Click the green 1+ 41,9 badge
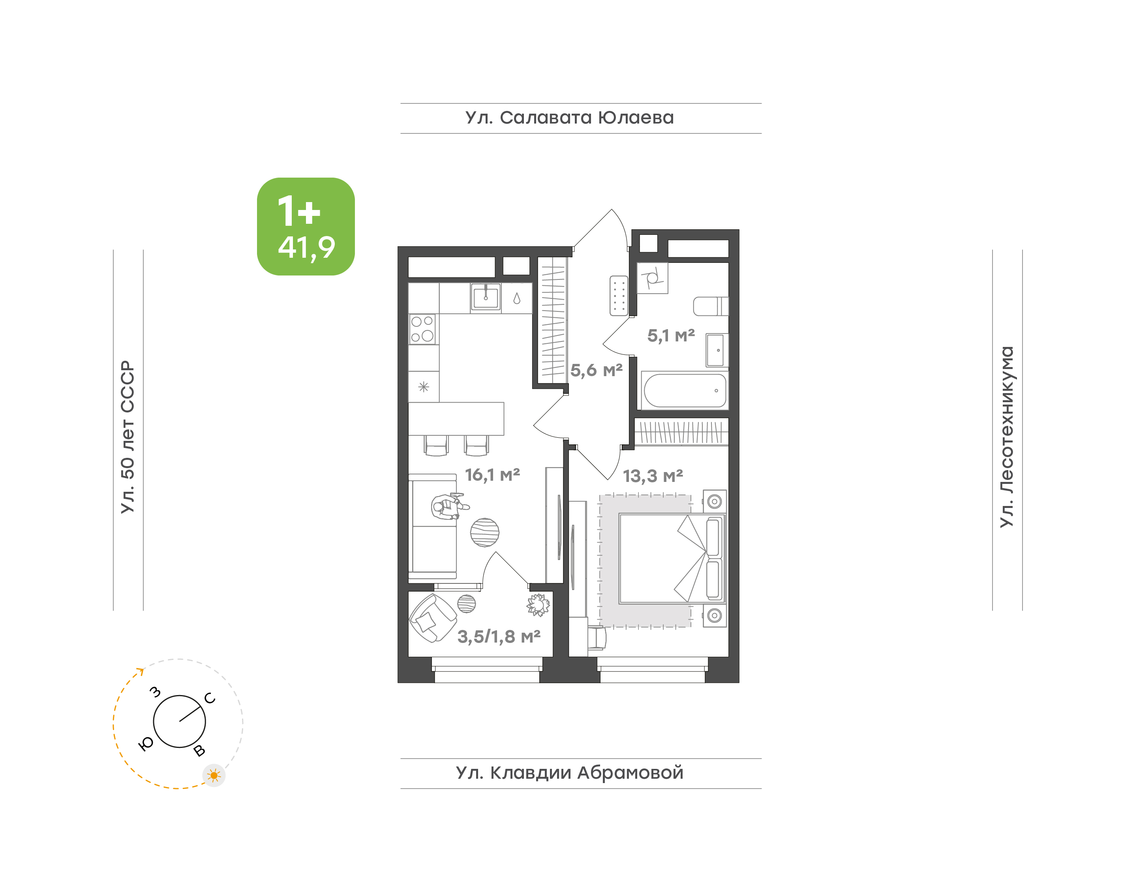(306, 226)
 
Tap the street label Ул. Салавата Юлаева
(569, 118)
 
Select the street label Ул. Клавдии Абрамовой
(569, 773)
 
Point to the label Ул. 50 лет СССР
(128, 437)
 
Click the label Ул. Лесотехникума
(1006, 437)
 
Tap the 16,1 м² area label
(493, 475)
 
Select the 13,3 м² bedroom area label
(653, 476)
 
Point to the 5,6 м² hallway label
(597, 370)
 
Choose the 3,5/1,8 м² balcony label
(499, 637)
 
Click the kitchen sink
(486, 297)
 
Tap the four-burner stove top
(422, 329)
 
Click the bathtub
(685, 390)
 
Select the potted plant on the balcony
(538, 605)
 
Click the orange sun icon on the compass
(214, 776)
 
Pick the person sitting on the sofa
(448, 506)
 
